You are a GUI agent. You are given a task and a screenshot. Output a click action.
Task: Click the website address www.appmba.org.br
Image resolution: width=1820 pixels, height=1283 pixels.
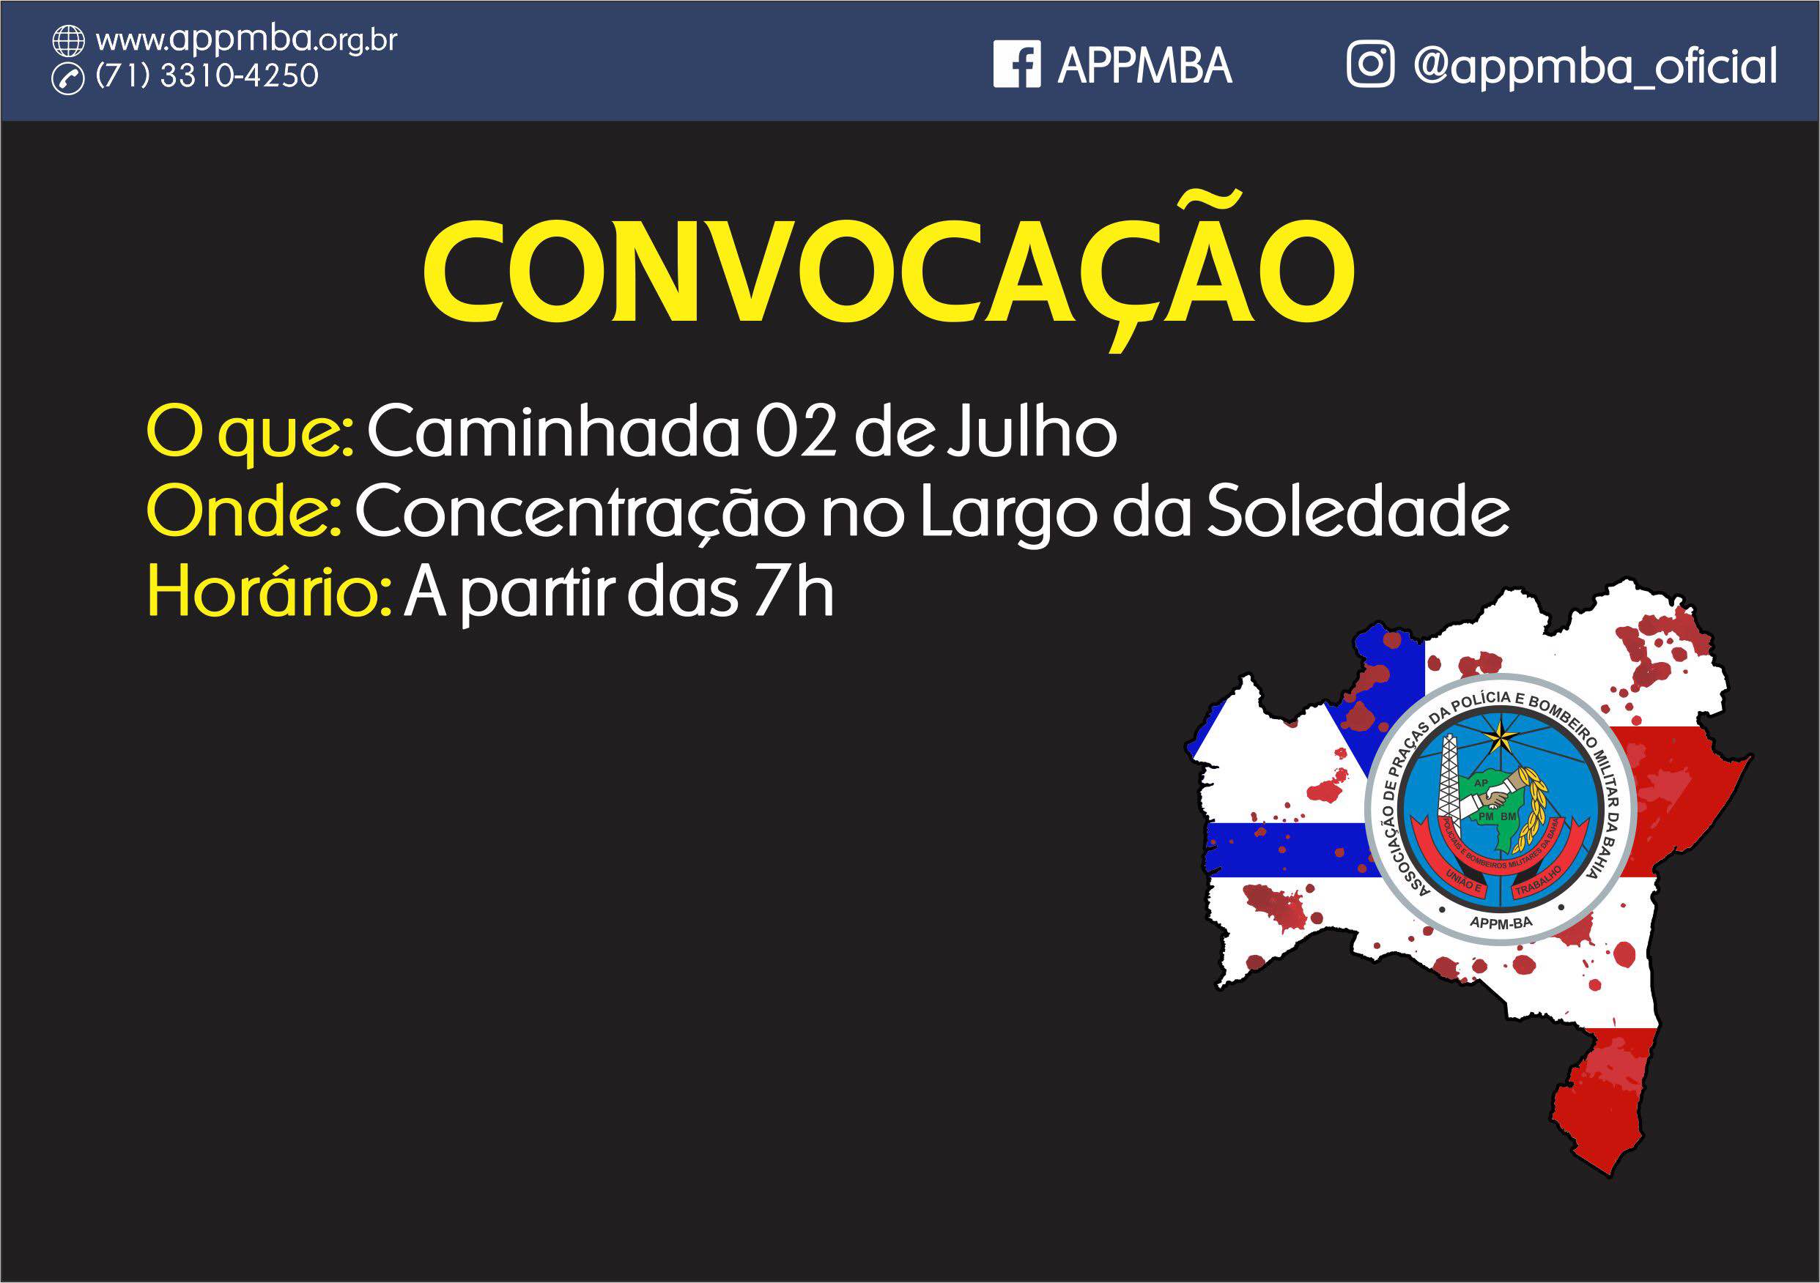(246, 40)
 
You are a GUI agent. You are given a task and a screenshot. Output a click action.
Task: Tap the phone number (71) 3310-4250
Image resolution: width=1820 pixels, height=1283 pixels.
(207, 76)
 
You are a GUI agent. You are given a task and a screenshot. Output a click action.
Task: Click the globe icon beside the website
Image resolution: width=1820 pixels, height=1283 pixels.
(68, 40)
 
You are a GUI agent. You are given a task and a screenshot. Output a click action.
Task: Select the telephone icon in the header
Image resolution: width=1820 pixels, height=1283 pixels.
(68, 79)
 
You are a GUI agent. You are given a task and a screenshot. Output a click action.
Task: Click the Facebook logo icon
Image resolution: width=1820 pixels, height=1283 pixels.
(1017, 64)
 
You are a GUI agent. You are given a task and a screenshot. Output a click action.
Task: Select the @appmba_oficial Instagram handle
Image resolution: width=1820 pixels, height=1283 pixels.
(1595, 66)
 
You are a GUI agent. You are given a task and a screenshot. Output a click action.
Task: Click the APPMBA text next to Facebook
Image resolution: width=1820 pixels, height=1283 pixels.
(1144, 65)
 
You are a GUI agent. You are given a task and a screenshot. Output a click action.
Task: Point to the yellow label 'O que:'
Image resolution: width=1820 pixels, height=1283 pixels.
(251, 434)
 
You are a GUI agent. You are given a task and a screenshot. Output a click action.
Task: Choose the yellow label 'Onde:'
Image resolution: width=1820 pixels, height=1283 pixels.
(244, 512)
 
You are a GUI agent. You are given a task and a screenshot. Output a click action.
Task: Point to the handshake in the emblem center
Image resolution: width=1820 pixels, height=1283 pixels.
(1495, 795)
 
